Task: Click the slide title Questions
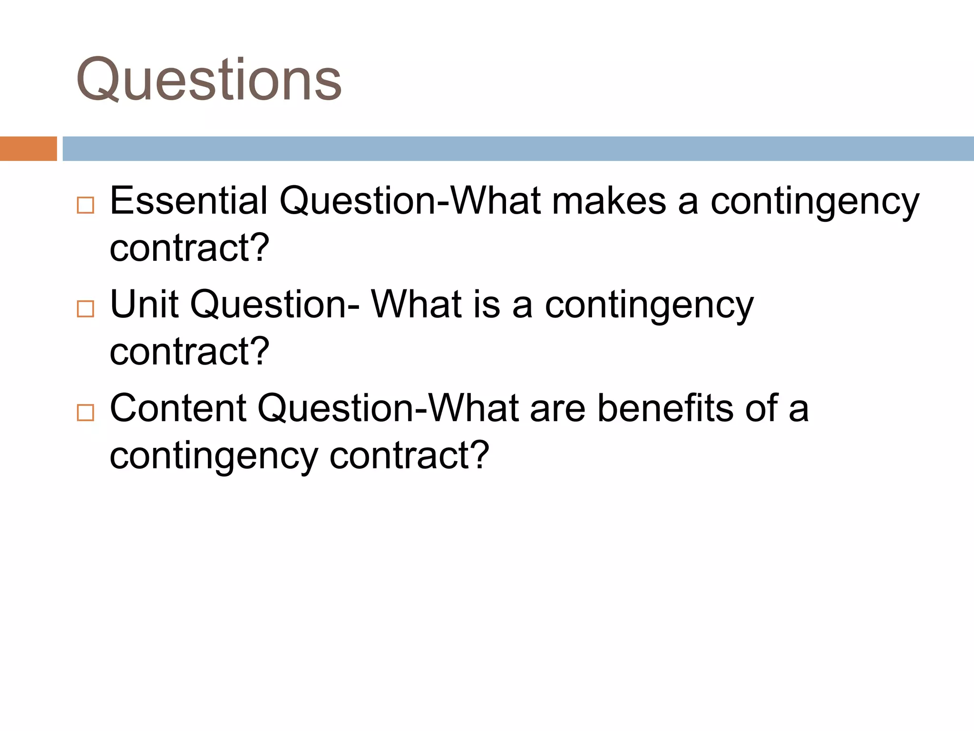209,80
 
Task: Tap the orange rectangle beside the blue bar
28,148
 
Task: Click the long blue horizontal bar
517,148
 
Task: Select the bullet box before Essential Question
86,205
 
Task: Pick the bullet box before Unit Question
86,309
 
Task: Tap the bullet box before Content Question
86,412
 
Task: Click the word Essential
188,201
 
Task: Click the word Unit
144,304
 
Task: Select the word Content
178,408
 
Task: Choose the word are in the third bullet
557,408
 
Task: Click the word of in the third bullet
761,408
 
